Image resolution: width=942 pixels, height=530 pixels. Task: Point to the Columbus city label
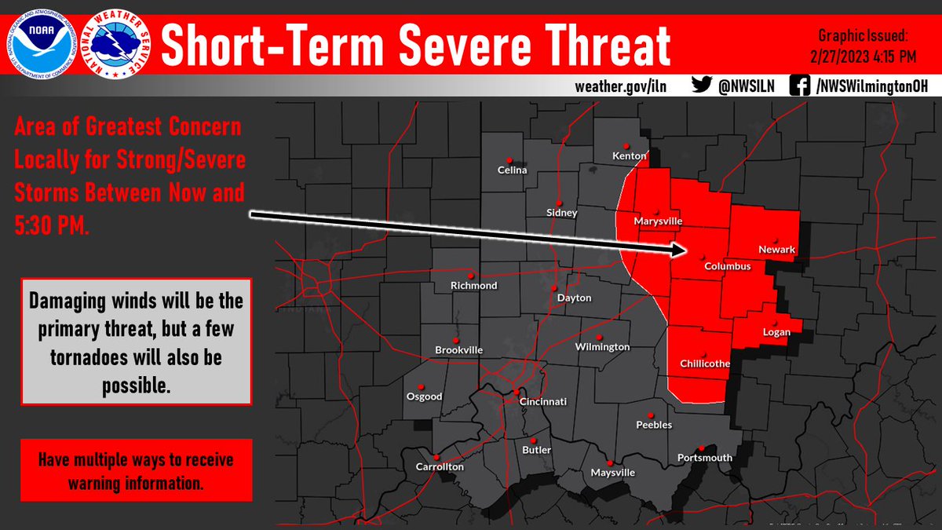tap(728, 266)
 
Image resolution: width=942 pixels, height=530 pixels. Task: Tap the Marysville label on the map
tap(658, 221)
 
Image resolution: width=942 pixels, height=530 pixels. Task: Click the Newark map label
tap(776, 250)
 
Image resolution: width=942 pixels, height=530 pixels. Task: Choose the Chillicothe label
tap(705, 364)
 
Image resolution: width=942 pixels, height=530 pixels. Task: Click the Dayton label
tap(574, 298)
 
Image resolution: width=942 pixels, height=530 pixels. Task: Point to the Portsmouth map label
tap(704, 457)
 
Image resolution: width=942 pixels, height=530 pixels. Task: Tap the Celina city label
tap(513, 170)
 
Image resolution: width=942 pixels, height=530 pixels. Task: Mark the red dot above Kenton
tap(626, 145)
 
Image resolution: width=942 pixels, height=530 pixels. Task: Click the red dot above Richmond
tap(471, 275)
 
